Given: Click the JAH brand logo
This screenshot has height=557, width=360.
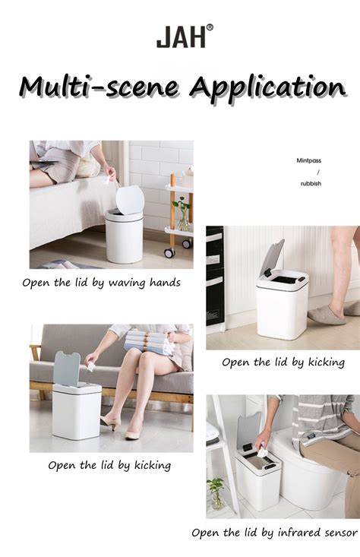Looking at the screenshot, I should coord(181,36).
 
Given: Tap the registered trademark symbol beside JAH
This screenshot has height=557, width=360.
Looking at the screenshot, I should coord(210,28).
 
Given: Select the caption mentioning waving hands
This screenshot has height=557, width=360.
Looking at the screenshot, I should coord(101,283).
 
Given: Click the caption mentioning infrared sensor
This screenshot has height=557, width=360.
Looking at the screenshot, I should coord(275,533).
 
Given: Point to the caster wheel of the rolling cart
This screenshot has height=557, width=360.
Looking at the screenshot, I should coord(170,252).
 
